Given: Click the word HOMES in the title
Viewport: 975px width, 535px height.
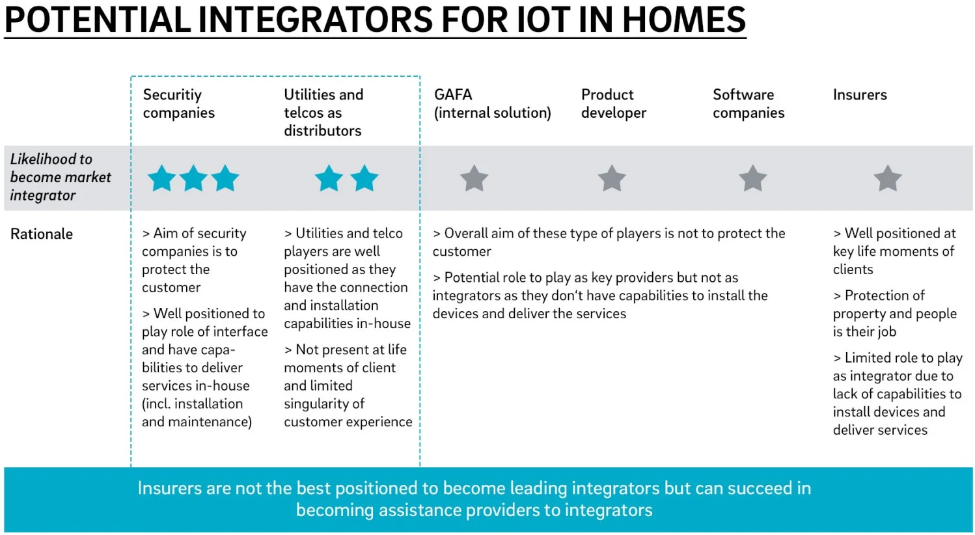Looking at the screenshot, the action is click(684, 20).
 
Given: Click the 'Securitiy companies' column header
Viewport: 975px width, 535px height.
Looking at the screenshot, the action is click(178, 103).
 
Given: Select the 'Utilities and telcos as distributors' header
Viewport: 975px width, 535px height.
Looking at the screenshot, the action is click(323, 113).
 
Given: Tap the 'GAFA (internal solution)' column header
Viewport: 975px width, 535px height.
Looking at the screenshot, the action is click(492, 103).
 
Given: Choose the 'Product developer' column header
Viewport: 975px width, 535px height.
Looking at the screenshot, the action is click(613, 103).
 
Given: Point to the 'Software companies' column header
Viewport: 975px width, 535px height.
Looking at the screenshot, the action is click(748, 103).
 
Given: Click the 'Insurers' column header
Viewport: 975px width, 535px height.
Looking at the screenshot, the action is click(860, 95).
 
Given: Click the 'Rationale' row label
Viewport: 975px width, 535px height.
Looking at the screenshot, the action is click(42, 234).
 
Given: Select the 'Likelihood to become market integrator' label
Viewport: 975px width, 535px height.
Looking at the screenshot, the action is click(61, 177).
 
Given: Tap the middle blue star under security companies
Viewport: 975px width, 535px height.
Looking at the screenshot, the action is click(193, 178).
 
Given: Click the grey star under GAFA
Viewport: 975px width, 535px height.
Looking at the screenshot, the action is click(474, 178).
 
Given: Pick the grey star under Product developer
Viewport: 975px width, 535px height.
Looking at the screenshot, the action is click(612, 178).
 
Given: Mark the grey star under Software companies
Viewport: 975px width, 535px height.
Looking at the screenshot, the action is click(752, 178).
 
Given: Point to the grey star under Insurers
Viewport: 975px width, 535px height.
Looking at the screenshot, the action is click(888, 178).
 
